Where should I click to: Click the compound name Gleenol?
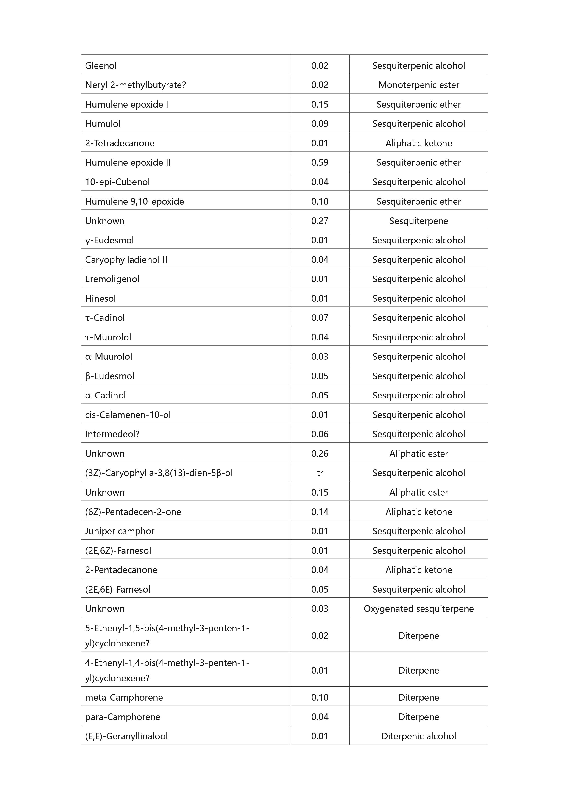101,66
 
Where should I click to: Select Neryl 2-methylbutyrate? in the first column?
135,85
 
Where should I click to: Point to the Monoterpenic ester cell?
418,85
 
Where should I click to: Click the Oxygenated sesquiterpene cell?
418,609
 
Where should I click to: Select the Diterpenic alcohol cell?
418,736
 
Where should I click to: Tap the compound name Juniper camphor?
120,531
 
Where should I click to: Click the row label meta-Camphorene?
124,697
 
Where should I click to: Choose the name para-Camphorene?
122,717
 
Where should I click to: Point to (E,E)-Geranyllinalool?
126,736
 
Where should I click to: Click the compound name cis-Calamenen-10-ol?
128,415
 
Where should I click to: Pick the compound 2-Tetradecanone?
120,143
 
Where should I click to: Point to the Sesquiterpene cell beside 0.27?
418,221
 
